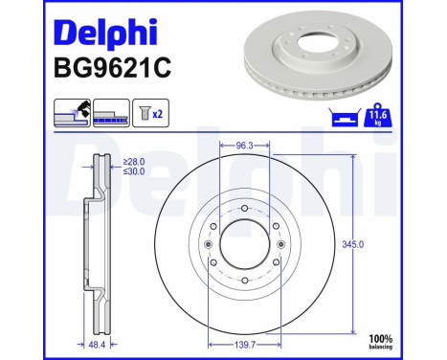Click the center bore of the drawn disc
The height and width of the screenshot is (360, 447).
[x=245, y=244]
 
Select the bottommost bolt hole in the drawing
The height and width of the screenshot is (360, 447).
[x=245, y=281]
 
